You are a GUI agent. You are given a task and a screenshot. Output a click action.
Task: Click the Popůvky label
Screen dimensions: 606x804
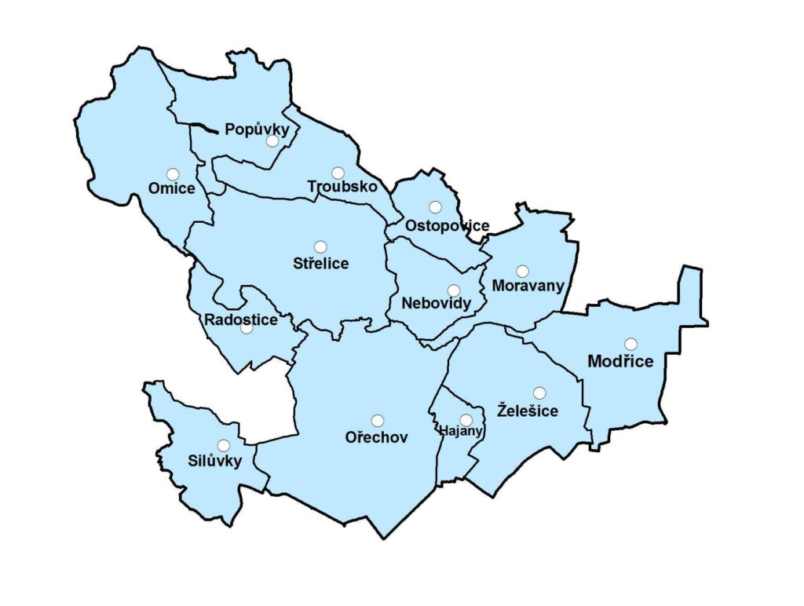pos(258,130)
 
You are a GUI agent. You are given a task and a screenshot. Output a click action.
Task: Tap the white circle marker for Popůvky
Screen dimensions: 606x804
pos(272,141)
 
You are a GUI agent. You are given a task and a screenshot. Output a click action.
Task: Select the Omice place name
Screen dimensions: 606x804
pos(172,188)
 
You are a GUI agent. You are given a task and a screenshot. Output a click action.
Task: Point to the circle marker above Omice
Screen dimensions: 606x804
pos(173,174)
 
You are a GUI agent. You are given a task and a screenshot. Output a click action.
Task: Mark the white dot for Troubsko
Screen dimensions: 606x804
pos(338,173)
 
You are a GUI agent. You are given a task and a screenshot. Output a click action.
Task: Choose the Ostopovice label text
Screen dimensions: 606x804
pos(447,226)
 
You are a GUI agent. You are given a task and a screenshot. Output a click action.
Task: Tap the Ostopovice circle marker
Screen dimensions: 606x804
pos(435,207)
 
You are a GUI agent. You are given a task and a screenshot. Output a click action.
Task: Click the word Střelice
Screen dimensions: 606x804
pos(320,263)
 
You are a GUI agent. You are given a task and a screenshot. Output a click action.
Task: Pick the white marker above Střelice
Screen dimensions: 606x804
pos(320,247)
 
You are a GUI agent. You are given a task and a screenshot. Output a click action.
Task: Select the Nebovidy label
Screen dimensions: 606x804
pos(436,303)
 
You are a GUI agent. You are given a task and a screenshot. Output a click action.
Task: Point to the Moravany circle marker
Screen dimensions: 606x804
pos(522,272)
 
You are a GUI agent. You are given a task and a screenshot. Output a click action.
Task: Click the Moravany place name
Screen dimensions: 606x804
pos(528,286)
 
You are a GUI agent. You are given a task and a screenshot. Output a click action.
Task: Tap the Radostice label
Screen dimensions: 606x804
pos(241,319)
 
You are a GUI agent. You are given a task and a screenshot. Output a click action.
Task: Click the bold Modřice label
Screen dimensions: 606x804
pos(621,361)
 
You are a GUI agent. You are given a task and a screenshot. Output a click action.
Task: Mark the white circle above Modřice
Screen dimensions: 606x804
pos(630,344)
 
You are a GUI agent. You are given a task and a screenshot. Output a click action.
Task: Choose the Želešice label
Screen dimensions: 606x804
pos(528,411)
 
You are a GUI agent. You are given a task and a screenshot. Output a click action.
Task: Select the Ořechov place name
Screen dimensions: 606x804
pos(377,437)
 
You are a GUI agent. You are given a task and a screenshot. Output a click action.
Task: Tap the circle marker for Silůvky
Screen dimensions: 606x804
pos(224,445)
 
